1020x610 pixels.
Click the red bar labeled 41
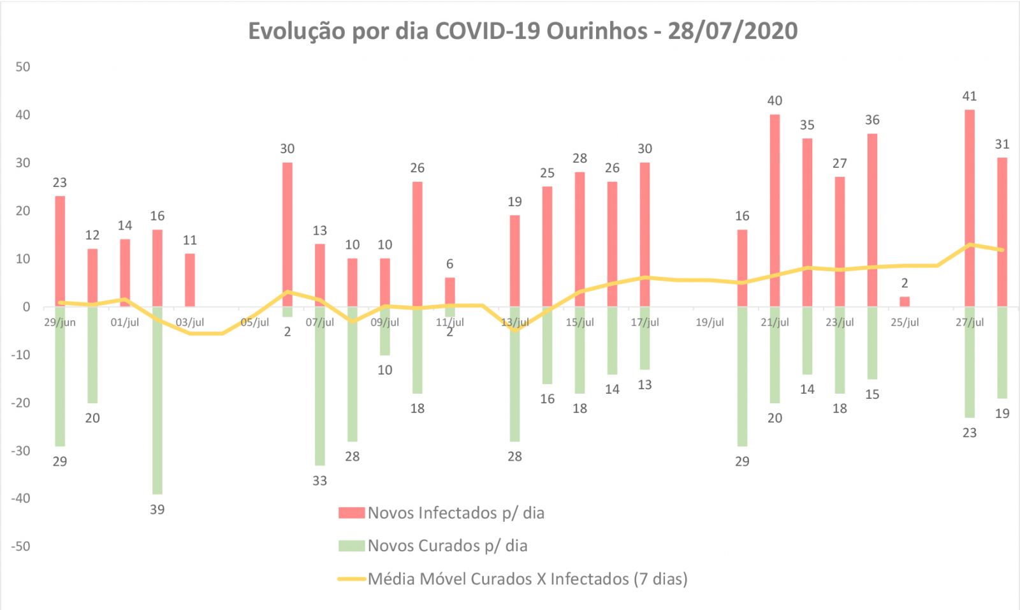click(969, 207)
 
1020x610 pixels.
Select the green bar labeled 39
click(157, 400)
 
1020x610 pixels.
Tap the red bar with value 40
click(775, 210)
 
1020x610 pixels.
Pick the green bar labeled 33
click(319, 385)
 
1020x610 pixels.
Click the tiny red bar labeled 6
click(449, 292)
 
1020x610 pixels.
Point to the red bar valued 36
click(872, 219)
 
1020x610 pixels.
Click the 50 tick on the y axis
click(23, 66)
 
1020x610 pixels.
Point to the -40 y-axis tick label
click(20, 498)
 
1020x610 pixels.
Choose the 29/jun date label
click(59, 322)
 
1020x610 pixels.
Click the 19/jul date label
click(710, 322)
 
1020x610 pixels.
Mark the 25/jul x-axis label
click(905, 322)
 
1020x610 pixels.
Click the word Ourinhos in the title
click(597, 31)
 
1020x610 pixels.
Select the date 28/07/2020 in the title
click(732, 31)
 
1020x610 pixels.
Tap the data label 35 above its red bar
click(807, 125)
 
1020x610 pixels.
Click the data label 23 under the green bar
click(969, 433)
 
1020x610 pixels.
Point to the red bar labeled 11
click(190, 279)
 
